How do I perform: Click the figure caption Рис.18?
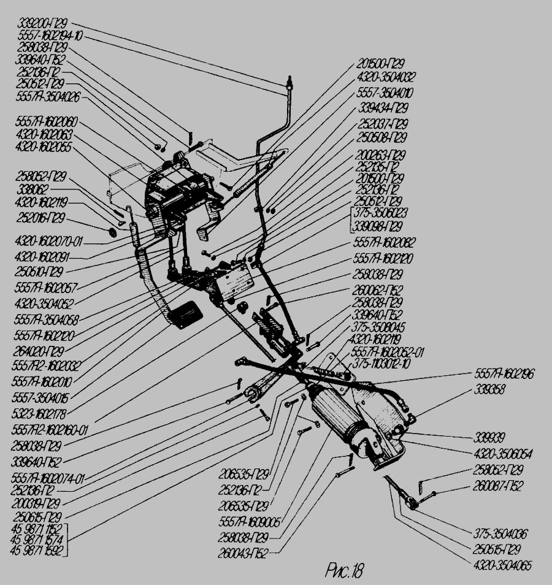tap(343, 572)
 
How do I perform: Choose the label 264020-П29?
tap(40, 351)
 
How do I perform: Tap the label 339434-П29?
tap(383, 108)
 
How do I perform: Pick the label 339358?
tap(489, 390)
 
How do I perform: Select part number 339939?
tap(488, 438)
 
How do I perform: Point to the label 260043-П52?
tap(251, 550)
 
